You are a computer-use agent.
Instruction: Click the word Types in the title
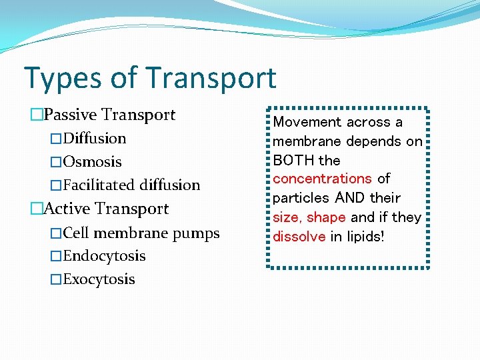(x=58, y=78)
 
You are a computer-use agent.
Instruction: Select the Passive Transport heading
(x=109, y=115)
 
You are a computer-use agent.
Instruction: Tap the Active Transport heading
(x=106, y=209)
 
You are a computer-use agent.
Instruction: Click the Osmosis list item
(x=92, y=162)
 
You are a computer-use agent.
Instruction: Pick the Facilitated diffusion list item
(x=131, y=185)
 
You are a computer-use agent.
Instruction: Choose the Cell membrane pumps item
(x=141, y=233)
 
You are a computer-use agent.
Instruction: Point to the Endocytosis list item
(x=104, y=256)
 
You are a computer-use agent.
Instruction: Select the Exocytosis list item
(x=99, y=279)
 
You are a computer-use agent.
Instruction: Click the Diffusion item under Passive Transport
(x=94, y=139)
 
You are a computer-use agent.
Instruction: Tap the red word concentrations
(x=322, y=179)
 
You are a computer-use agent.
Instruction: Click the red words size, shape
(x=309, y=217)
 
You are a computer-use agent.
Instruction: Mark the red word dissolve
(x=299, y=236)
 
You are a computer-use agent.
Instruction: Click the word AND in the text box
(x=349, y=198)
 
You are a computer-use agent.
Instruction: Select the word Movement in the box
(x=303, y=122)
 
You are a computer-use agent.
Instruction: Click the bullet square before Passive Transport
(x=36, y=115)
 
